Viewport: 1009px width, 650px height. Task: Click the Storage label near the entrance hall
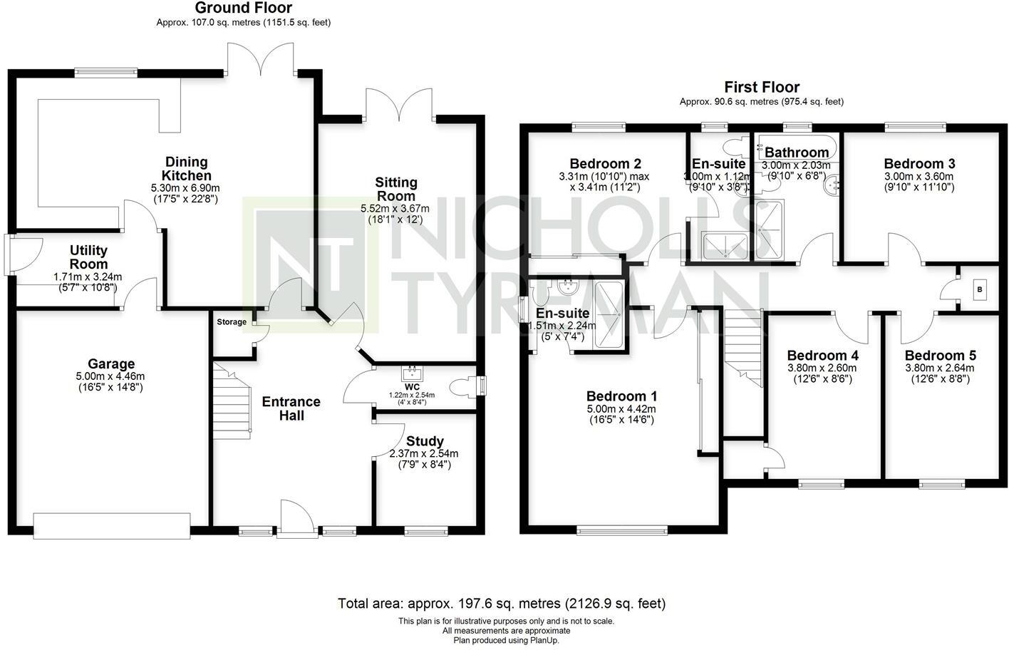(232, 322)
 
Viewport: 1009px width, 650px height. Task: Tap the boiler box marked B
(980, 289)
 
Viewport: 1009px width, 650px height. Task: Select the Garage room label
(111, 364)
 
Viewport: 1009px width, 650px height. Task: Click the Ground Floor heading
(243, 9)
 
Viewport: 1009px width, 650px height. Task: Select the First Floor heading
(761, 87)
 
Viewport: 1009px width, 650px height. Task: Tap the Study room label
(425, 441)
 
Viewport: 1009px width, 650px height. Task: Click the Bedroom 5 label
(940, 356)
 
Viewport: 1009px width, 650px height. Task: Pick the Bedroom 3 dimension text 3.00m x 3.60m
(919, 177)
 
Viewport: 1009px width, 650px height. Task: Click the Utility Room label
(88, 257)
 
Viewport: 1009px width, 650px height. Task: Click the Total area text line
(502, 604)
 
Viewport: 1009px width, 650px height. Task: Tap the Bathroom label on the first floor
(797, 153)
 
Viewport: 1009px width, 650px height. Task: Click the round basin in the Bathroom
(832, 187)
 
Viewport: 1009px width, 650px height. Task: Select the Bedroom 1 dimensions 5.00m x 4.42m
(621, 409)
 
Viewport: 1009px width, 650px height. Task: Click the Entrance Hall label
(291, 408)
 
